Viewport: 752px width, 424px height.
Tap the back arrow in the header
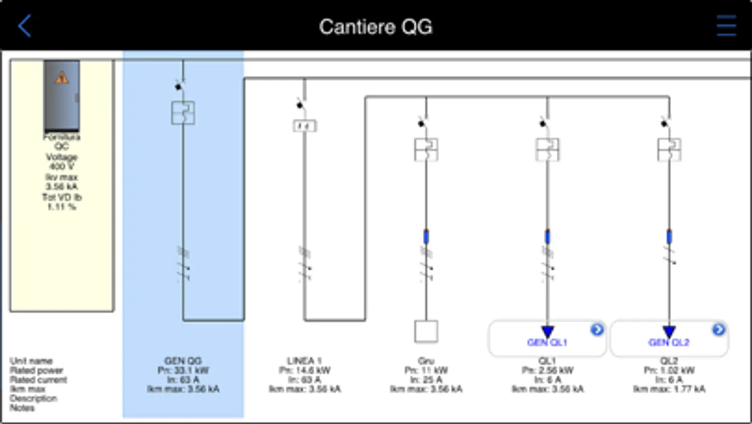[24, 26]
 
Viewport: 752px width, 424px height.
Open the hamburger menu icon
[726, 26]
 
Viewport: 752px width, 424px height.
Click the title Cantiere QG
[375, 27]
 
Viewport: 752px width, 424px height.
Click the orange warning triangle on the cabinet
[62, 78]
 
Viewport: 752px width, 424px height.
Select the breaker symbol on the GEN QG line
[183, 113]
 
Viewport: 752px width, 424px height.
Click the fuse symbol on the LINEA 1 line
[305, 126]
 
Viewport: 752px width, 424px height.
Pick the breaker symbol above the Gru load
[426, 149]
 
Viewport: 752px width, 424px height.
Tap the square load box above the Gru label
[426, 331]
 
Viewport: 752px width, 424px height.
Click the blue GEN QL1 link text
[547, 342]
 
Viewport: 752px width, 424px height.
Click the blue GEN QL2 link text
[669, 342]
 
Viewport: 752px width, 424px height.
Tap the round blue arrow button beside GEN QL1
[597, 330]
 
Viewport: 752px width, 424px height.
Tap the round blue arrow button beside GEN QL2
[718, 330]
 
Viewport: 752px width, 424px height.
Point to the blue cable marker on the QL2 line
[669, 236]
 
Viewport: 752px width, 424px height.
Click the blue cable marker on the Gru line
[426, 236]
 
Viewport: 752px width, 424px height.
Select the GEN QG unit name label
[183, 361]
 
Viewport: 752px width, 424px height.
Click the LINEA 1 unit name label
[305, 361]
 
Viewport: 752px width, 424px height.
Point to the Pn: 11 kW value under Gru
[426, 370]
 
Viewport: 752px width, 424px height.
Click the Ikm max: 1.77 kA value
[669, 389]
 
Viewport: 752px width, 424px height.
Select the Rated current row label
[39, 380]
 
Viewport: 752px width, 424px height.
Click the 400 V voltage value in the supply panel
[62, 166]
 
